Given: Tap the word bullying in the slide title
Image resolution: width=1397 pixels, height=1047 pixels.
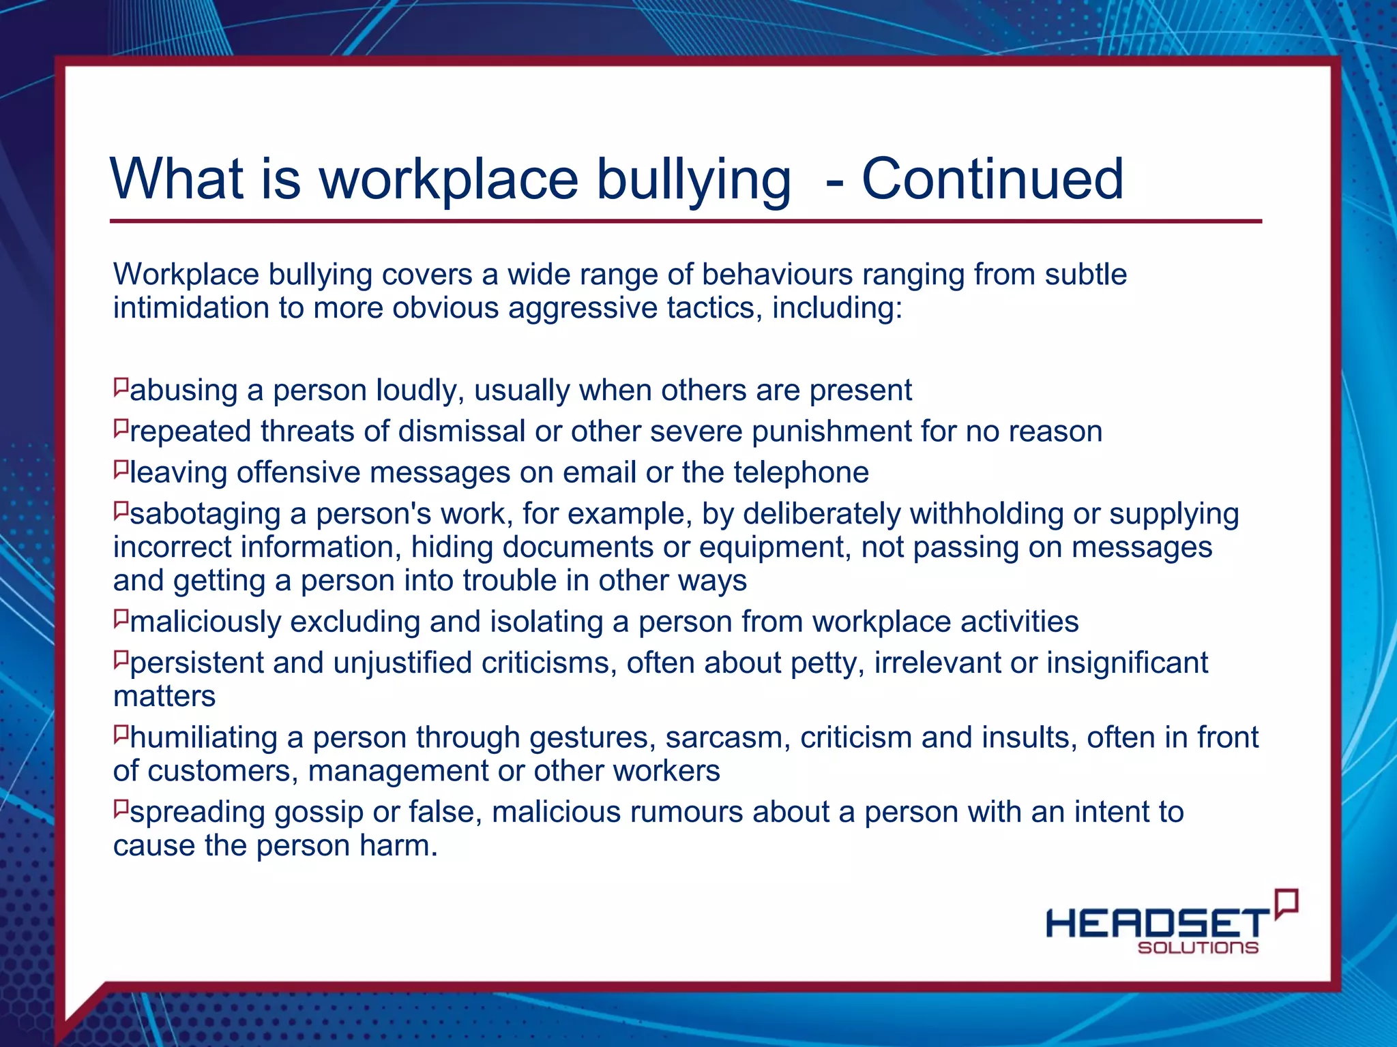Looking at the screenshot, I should tap(694, 180).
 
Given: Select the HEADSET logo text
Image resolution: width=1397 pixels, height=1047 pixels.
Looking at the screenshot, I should tap(1157, 924).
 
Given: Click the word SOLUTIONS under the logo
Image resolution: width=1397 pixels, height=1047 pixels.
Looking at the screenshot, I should tap(1198, 947).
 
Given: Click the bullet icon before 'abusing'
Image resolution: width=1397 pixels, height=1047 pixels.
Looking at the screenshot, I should tap(121, 387).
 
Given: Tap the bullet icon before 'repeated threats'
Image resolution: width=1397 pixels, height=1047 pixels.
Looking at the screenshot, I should tap(121, 428).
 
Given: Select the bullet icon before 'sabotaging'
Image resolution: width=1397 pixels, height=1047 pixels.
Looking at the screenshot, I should tap(121, 511).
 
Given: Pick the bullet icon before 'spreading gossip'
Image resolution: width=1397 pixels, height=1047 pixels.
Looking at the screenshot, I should tap(121, 809).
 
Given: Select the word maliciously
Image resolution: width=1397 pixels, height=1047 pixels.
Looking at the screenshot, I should tap(205, 622).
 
